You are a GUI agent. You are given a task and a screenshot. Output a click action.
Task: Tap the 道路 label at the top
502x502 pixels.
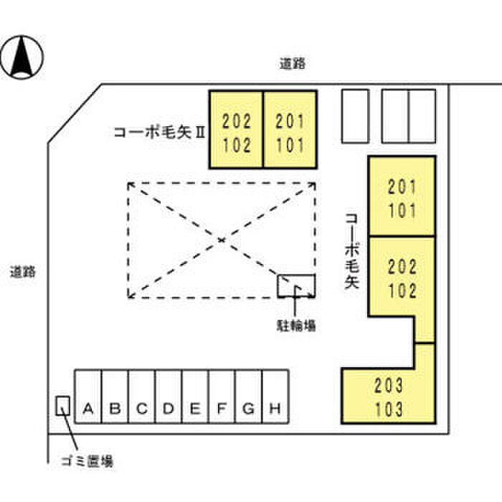coord(293,63)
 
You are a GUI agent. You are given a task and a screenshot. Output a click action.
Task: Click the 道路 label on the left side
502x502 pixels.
coord(23,273)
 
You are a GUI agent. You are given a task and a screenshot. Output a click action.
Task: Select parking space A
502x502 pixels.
coord(88,409)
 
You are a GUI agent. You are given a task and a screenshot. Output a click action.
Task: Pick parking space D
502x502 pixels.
coord(169,409)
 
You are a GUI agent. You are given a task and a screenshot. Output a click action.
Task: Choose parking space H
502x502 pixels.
coord(275,409)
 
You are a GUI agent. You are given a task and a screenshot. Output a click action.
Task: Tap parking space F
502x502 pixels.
coord(222,409)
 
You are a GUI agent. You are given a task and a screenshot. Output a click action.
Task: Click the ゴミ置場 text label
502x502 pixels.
coord(85,460)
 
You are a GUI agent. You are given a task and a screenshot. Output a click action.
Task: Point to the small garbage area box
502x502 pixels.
coord(63,407)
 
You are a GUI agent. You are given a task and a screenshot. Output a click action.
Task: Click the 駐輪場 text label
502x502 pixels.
coord(295,325)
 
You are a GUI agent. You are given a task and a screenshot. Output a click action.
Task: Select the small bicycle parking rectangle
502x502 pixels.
coord(296,285)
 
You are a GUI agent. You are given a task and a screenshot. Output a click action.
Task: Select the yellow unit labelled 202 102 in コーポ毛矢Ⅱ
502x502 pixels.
coord(236,130)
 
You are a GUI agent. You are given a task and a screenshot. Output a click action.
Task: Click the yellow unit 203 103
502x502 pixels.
coord(389,397)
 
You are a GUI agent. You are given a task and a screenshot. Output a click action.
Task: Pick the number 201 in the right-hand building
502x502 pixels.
coord(402,188)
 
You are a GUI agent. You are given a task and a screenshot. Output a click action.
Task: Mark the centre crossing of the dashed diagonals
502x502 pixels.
coord(222,239)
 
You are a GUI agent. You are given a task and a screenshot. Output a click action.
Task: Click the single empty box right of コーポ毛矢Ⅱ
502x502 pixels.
coord(354,115)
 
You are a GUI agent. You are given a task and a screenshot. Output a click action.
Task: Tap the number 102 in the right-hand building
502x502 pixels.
coord(402,292)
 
